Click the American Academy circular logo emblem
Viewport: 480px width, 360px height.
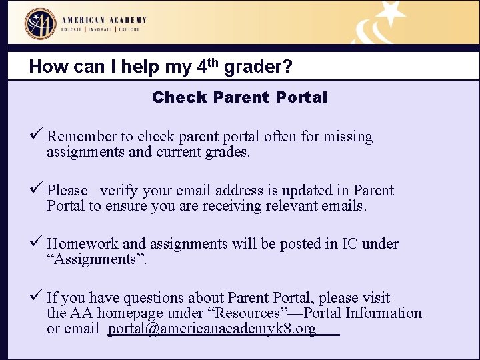41,24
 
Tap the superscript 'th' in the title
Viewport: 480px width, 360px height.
213,63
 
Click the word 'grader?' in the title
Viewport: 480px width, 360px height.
259,67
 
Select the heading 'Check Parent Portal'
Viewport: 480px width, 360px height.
239,97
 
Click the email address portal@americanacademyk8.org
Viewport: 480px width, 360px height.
212,329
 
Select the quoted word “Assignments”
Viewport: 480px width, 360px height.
97,259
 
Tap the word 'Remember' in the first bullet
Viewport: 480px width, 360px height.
81,137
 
